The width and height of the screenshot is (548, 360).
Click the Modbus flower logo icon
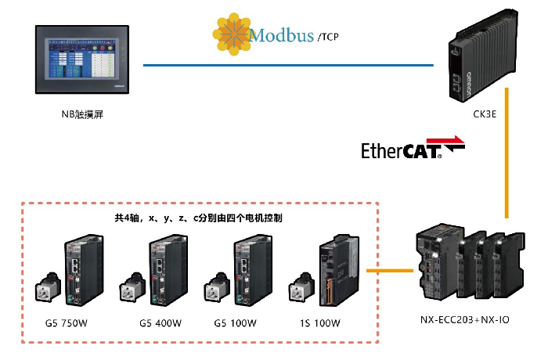point(230,33)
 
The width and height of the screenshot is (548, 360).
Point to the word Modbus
point(281,35)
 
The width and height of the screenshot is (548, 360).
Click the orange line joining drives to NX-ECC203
point(389,272)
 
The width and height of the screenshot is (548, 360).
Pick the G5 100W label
point(237,323)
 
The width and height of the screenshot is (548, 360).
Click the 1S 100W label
point(321,323)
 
